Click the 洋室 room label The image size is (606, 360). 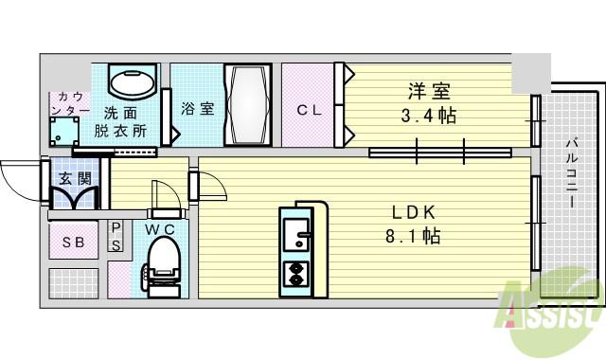click(429, 92)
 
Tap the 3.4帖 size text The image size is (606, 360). click(429, 116)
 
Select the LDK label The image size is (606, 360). click(414, 212)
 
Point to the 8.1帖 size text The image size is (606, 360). click(413, 235)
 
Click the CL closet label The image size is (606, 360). click(310, 110)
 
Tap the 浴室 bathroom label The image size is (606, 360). click(198, 108)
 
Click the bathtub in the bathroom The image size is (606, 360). click(248, 105)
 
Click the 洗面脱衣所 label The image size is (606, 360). click(120, 122)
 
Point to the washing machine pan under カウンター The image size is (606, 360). click(64, 132)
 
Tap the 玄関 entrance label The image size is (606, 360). click(76, 179)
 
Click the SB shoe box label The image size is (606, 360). click(74, 243)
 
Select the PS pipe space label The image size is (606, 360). click(116, 237)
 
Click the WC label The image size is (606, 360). click(160, 229)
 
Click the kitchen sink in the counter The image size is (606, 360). click(296, 234)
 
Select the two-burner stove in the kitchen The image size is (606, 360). click(296, 274)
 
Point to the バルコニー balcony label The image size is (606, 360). click(572, 172)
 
